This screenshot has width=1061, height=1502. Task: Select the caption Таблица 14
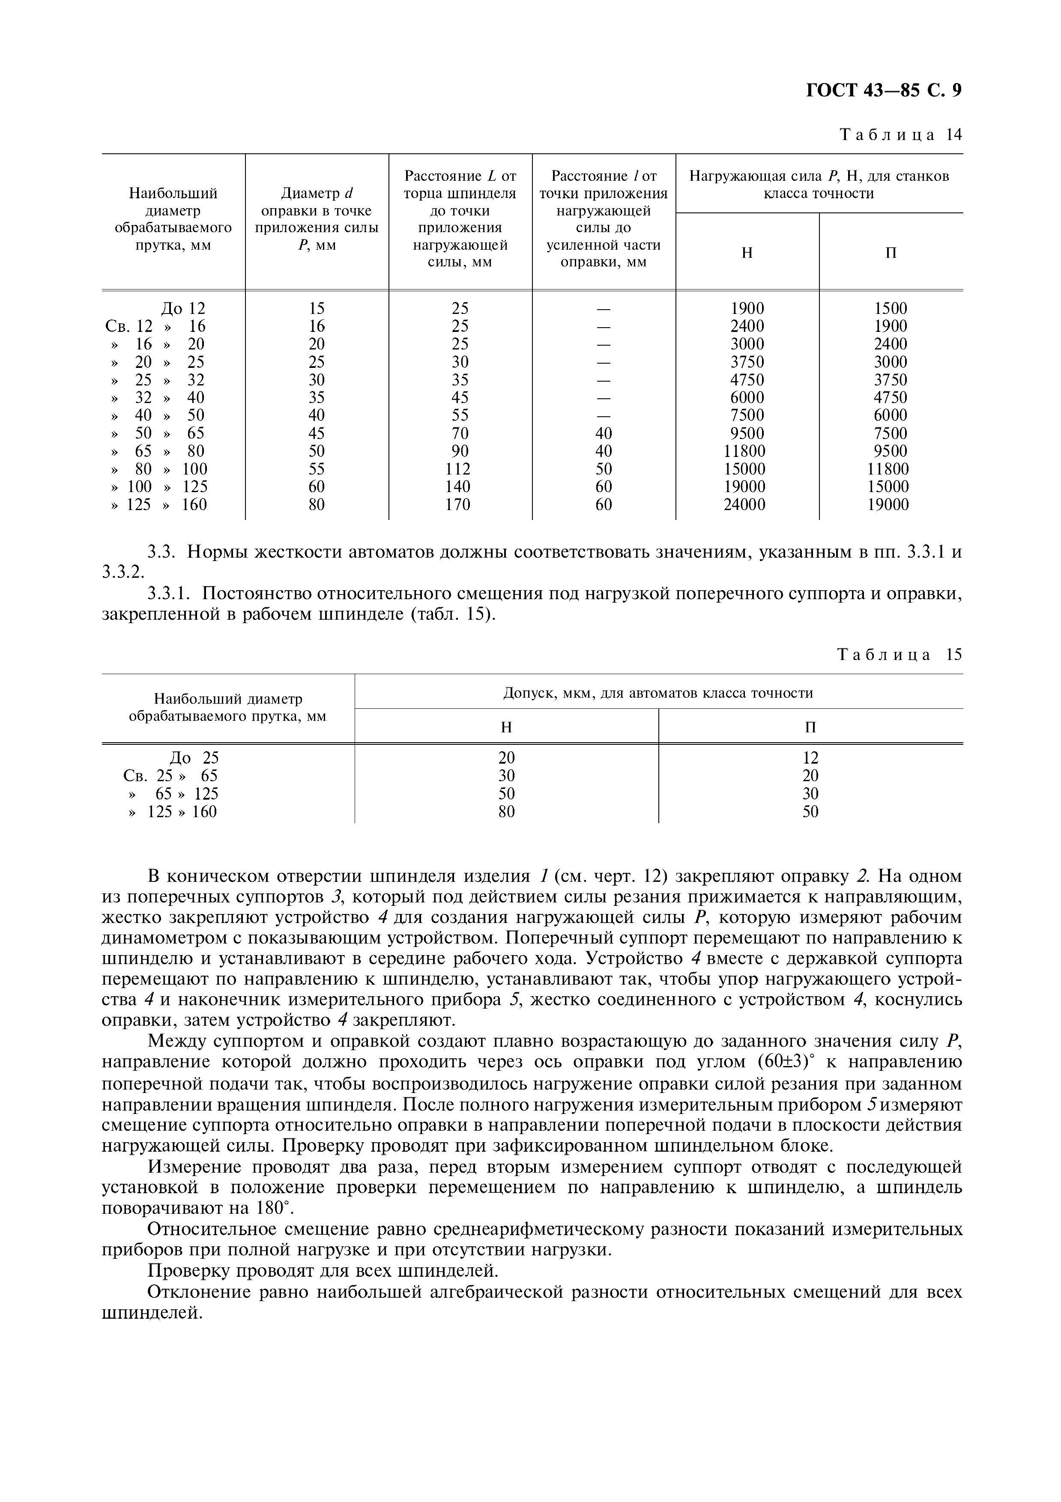click(x=901, y=135)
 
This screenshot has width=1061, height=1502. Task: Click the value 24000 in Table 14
click(x=744, y=505)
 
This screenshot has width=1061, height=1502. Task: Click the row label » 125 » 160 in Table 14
click(x=158, y=505)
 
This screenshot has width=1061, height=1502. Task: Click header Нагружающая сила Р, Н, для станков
click(x=819, y=176)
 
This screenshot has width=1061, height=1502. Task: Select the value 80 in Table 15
click(x=506, y=812)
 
